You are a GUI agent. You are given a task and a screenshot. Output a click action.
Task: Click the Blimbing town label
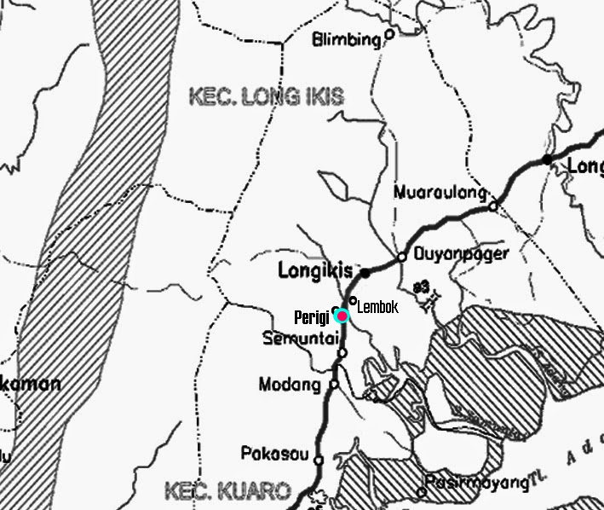click(346, 39)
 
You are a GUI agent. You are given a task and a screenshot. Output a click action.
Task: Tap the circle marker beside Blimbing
click(389, 35)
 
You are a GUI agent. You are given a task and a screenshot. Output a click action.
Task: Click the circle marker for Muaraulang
click(492, 206)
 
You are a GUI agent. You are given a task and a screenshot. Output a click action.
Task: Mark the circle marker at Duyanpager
click(402, 256)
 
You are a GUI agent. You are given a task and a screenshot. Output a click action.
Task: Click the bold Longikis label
click(315, 271)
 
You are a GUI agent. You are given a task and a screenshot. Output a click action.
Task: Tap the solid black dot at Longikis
click(365, 274)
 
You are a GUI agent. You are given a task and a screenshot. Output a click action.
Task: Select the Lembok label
click(377, 307)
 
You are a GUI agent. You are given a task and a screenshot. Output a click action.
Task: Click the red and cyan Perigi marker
click(342, 316)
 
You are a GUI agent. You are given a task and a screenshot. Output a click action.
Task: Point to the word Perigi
click(312, 318)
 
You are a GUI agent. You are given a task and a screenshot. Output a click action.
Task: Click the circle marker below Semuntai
click(342, 353)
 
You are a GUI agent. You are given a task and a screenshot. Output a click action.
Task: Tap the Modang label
click(290, 385)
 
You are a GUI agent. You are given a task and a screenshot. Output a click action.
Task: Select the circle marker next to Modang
click(334, 385)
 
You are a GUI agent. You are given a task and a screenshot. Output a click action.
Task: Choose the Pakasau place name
click(274, 454)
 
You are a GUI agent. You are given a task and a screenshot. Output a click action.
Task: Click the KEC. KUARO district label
click(227, 491)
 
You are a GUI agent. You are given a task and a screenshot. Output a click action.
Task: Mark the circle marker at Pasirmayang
click(423, 491)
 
